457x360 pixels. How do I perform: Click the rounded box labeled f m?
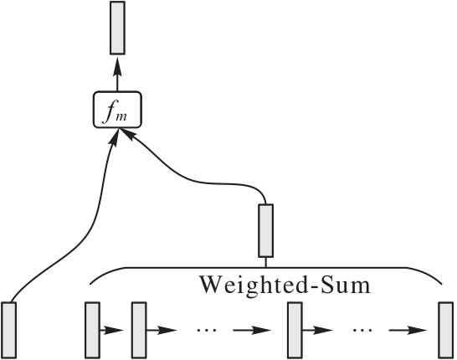pyautogui.click(x=117, y=110)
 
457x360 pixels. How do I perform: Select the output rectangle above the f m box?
pyautogui.click(x=117, y=28)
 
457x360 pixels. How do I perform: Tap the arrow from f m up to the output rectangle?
pyautogui.click(x=117, y=74)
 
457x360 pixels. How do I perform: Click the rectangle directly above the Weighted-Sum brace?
pyautogui.click(x=266, y=230)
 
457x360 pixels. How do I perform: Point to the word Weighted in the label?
pyautogui.click(x=252, y=285)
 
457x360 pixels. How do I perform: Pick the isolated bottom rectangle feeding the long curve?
pyautogui.click(x=9, y=330)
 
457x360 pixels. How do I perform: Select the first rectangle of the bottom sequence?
pyautogui.click(x=92, y=330)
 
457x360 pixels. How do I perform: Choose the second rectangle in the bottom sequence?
pyautogui.click(x=139, y=330)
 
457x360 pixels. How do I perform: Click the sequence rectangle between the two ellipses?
pyautogui.click(x=295, y=330)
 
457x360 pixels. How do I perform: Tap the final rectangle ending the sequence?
pyautogui.click(x=446, y=330)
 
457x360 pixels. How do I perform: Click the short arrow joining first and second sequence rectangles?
pyautogui.click(x=111, y=330)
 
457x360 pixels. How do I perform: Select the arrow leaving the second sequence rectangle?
pyautogui.click(x=162, y=330)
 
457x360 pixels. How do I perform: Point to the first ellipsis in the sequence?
pyautogui.click(x=207, y=330)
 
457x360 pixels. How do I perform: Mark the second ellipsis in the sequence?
pyautogui.click(x=362, y=330)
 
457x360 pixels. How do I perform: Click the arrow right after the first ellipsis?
pyautogui.click(x=252, y=330)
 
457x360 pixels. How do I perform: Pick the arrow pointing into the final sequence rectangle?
pyautogui.click(x=408, y=330)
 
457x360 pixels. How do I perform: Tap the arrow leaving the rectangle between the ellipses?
pyautogui.click(x=318, y=330)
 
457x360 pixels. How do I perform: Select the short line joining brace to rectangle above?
pyautogui.click(x=266, y=262)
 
